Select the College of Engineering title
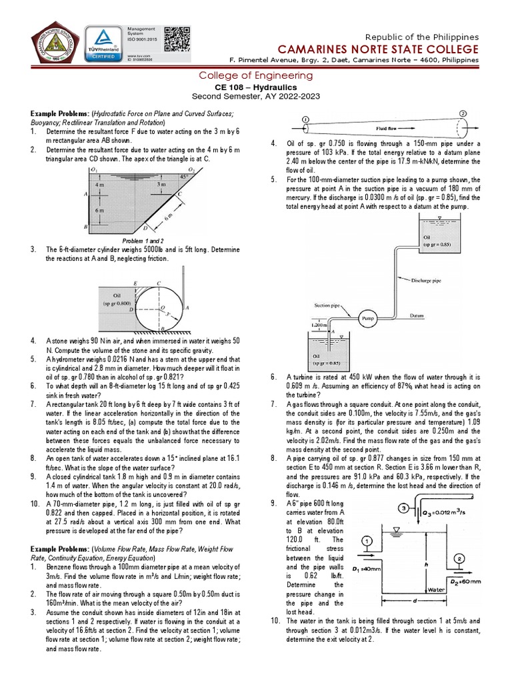[x=256, y=76]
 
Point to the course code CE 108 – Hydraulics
[x=256, y=87]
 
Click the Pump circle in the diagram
[x=369, y=318]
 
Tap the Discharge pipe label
[x=426, y=281]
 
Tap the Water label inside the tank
[x=437, y=589]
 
